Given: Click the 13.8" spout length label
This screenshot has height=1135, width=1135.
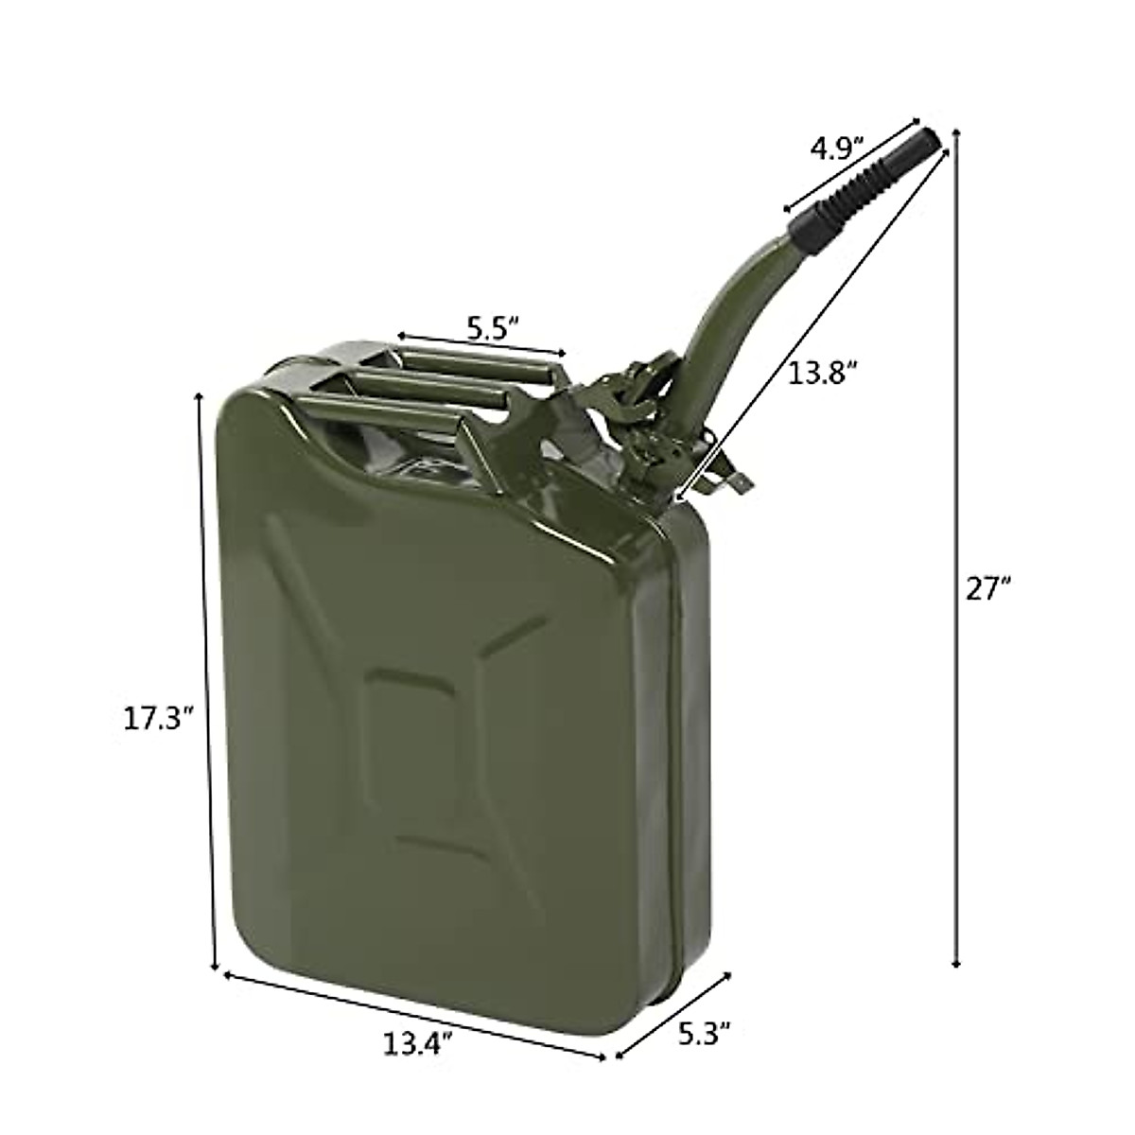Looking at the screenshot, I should click(823, 372).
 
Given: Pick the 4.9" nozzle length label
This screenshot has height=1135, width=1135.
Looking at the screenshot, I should click(837, 148).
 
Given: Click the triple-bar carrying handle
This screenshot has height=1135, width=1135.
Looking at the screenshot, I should click(426, 378).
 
